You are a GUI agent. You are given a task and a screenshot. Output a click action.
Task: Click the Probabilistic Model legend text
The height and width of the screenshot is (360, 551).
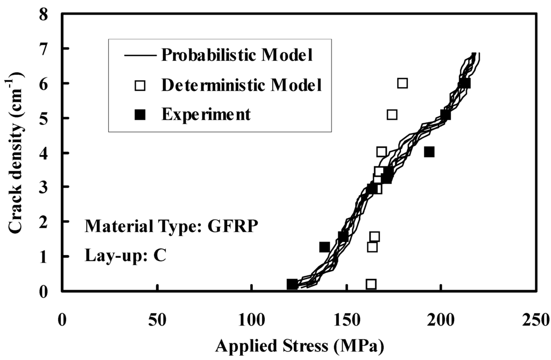pyautogui.click(x=238, y=55)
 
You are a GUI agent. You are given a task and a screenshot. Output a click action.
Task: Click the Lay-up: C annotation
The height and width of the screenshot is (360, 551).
pyautogui.click(x=125, y=255)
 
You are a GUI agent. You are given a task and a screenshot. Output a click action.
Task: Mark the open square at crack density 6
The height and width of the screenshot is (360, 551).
pyautogui.click(x=402, y=83)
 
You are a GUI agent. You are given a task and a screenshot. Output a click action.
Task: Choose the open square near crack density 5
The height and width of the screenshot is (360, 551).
pyautogui.click(x=392, y=115)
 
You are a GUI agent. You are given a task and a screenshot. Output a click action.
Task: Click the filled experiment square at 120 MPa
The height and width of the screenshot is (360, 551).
pyautogui.click(x=292, y=284)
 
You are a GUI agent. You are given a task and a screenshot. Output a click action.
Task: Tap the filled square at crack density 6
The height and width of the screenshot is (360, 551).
pyautogui.click(x=465, y=83)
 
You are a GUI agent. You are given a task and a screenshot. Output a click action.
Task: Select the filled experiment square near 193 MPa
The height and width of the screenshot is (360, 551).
pyautogui.click(x=429, y=152)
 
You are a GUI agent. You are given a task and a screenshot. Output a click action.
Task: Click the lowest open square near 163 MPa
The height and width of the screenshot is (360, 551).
pyautogui.click(x=371, y=284)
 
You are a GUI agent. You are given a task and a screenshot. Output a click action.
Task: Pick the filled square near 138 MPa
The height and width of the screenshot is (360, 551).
pyautogui.click(x=324, y=247)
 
